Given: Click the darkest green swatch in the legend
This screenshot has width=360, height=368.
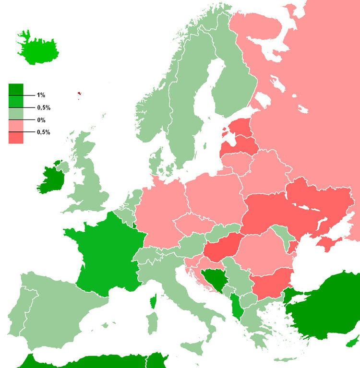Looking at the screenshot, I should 16,90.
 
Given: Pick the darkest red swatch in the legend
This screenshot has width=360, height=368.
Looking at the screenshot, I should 16,137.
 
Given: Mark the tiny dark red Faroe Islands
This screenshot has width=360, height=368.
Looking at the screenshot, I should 80,95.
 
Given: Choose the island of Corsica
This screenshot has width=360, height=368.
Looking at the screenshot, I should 154,301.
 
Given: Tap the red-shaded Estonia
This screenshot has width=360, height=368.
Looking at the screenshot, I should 240,128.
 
